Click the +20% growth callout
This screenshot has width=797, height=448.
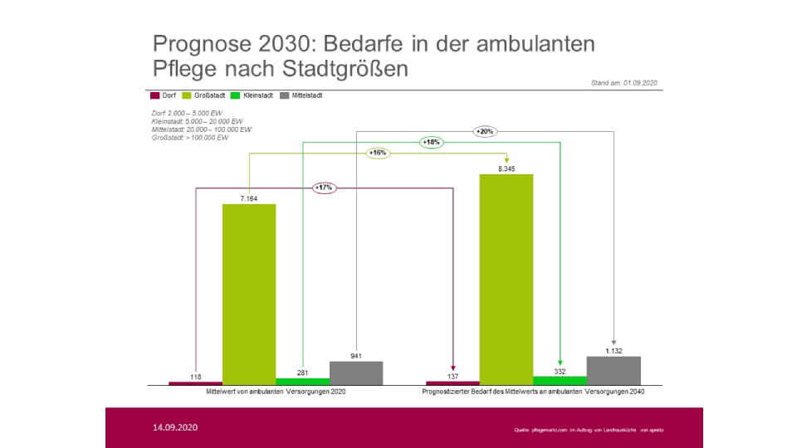(485, 131)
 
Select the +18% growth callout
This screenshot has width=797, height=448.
(432, 142)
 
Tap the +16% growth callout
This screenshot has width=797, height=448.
(378, 153)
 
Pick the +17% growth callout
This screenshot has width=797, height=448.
(324, 188)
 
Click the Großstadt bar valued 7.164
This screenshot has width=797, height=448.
(249, 294)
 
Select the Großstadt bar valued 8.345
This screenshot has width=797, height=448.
(506, 279)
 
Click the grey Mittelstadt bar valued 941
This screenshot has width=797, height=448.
(356, 373)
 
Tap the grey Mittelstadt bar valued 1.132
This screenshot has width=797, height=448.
(614, 370)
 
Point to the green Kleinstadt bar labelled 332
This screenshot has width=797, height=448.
(560, 380)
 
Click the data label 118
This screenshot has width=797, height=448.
(195, 377)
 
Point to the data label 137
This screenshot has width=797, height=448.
(452, 377)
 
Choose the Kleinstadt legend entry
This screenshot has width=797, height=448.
(254, 95)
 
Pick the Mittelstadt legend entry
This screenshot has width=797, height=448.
(302, 95)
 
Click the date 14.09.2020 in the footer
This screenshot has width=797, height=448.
(175, 427)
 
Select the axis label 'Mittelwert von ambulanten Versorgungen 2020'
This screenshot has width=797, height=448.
(276, 391)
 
